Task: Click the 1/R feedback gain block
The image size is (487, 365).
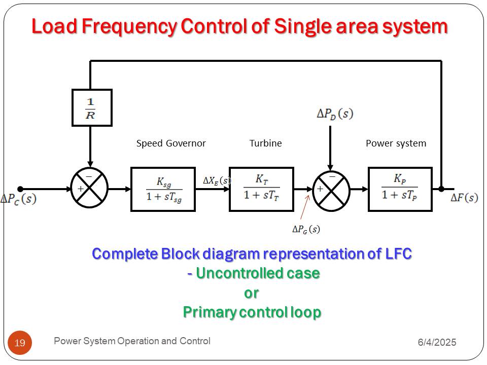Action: (x=92, y=107)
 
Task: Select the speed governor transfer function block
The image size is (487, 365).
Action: (x=163, y=189)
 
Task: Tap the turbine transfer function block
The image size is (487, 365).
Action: (x=262, y=189)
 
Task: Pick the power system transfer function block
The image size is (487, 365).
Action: (x=400, y=189)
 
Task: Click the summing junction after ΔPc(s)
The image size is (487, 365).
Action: (x=89, y=188)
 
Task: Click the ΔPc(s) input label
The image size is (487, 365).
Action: (x=19, y=199)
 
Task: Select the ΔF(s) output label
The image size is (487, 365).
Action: (x=464, y=198)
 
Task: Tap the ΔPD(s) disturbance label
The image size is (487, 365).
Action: (x=335, y=114)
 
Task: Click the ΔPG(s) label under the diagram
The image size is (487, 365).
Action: (x=306, y=229)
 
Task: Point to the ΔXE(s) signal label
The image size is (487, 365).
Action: (x=217, y=180)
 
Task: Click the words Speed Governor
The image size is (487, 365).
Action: (x=171, y=143)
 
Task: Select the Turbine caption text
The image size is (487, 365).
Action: (x=265, y=143)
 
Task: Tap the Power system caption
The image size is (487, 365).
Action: (x=396, y=143)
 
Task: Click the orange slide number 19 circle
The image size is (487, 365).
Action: (x=20, y=343)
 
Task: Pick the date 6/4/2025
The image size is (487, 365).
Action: (x=437, y=342)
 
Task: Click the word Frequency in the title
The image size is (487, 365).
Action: (x=129, y=27)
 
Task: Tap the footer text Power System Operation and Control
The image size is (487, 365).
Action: (x=132, y=341)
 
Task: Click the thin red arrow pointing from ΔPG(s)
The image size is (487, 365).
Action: (x=305, y=207)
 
